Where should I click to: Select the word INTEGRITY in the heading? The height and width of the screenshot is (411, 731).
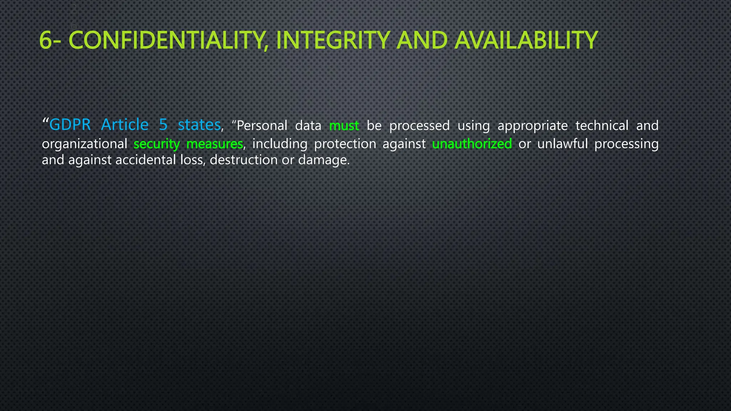click(x=332, y=40)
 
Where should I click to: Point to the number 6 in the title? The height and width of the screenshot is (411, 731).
click(x=45, y=40)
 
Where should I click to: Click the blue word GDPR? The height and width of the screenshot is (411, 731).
click(x=70, y=125)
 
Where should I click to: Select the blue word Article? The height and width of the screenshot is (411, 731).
click(x=125, y=125)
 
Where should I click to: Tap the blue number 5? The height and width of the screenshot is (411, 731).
click(x=163, y=125)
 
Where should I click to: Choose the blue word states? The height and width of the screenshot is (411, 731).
click(x=199, y=125)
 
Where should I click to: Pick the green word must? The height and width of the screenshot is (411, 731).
click(x=344, y=126)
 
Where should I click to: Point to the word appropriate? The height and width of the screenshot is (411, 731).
click(x=533, y=126)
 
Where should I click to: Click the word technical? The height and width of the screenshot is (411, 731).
click(x=602, y=126)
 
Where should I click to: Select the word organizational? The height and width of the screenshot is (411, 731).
click(x=85, y=144)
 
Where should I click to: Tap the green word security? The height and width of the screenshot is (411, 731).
click(x=157, y=144)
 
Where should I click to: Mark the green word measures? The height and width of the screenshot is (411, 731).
click(x=215, y=144)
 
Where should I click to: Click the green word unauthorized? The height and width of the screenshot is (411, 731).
click(x=472, y=144)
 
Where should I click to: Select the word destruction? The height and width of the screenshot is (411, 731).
click(x=243, y=160)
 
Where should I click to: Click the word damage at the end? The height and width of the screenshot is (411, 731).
click(x=323, y=160)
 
